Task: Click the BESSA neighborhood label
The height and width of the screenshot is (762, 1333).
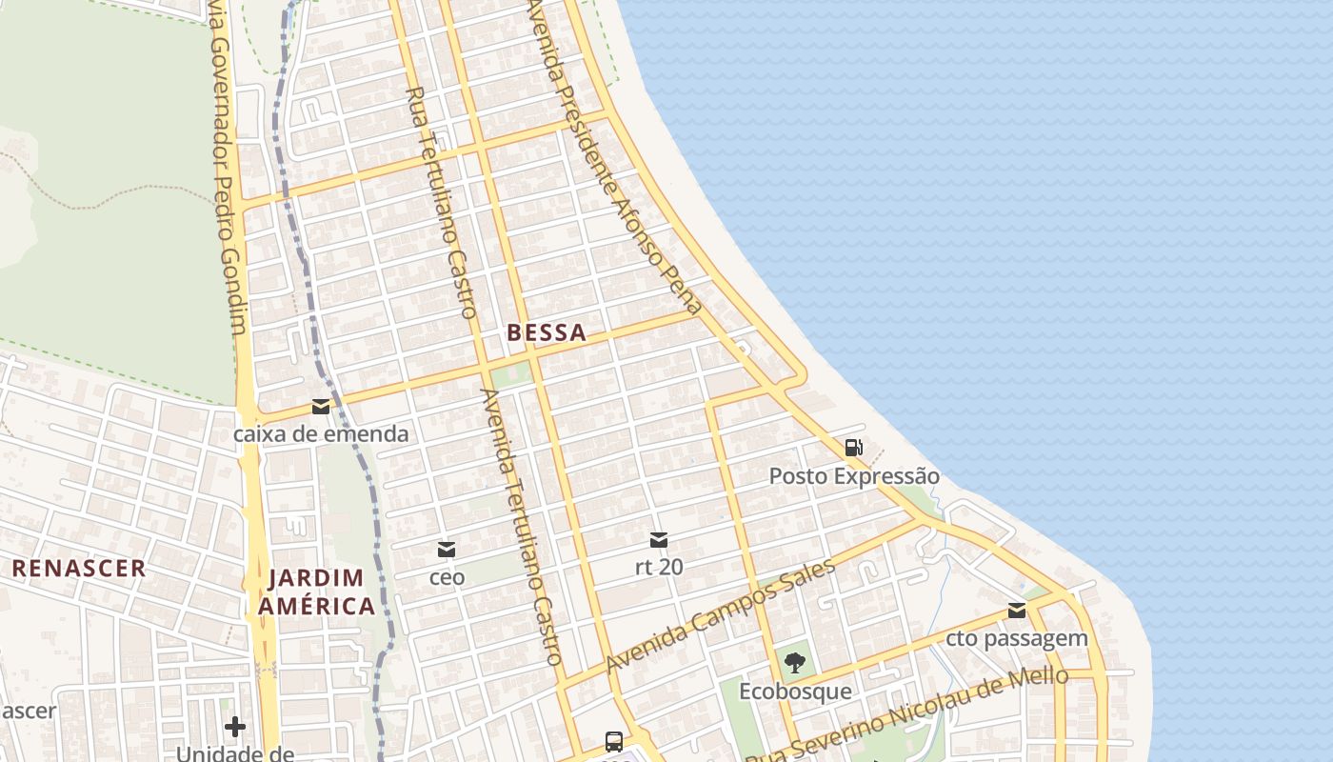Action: point(547,333)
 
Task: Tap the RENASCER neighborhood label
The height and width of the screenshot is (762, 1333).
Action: point(79,569)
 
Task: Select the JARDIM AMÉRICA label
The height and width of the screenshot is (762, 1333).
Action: point(317,592)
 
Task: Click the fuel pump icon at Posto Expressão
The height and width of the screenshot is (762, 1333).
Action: point(854,448)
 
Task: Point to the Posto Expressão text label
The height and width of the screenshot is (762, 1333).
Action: point(854,476)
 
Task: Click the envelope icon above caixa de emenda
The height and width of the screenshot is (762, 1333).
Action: point(321,407)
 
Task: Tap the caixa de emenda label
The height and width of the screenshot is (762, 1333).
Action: point(321,434)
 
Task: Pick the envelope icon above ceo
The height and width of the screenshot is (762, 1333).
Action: point(447,550)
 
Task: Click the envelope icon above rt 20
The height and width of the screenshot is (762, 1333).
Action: point(658,540)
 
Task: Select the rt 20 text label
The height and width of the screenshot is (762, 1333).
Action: point(659,567)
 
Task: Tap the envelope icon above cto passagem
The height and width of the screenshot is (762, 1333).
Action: point(1017,611)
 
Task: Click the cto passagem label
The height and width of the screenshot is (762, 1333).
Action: point(1017,638)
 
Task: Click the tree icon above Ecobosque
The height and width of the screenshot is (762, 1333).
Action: point(795,663)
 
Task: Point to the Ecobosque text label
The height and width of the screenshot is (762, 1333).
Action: point(795,691)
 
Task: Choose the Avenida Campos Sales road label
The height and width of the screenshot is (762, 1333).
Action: point(721,615)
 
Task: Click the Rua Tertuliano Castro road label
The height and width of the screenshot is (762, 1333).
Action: point(441,202)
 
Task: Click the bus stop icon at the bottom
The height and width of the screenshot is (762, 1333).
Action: point(614,741)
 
